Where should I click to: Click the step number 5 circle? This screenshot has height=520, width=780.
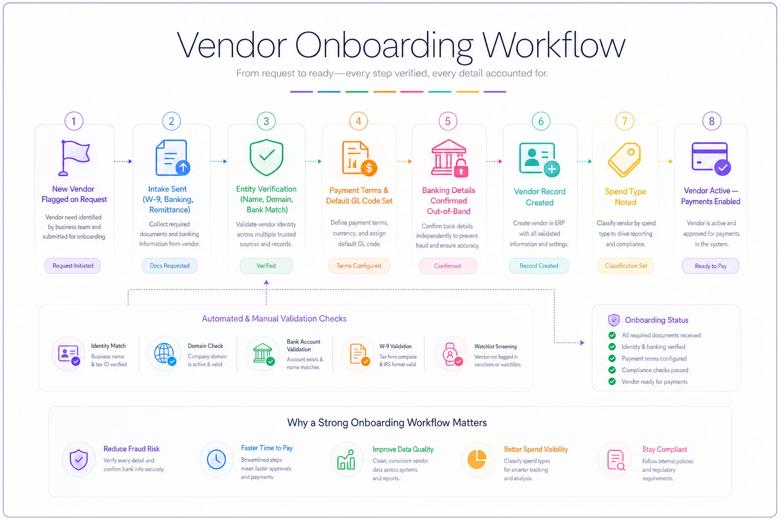coord(448,121)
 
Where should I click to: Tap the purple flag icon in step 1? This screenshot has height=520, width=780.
coord(74,158)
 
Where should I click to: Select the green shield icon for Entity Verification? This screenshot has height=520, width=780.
coord(267,157)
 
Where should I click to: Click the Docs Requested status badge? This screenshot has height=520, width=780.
coord(170,266)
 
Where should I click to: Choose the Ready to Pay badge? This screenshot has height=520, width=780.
coord(710,266)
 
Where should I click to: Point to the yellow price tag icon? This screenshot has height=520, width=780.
coord(624,160)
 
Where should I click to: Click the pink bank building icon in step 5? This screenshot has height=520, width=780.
coord(449,158)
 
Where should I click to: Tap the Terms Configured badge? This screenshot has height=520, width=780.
coord(359,266)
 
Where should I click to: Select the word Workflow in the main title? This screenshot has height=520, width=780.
coord(554,46)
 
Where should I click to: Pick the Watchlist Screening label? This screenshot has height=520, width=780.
coord(496,346)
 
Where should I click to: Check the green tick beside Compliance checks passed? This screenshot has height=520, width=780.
coord(612,370)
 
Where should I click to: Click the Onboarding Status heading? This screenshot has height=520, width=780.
coord(657,320)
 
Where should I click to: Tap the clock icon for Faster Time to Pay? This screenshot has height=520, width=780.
coord(216,459)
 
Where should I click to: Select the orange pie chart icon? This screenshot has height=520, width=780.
coord(477,460)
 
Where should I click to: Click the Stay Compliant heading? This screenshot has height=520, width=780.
coord(665,449)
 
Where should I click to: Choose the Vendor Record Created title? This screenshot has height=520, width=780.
coord(540,197)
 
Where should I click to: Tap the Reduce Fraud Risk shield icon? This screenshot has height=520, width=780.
coord(79,460)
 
